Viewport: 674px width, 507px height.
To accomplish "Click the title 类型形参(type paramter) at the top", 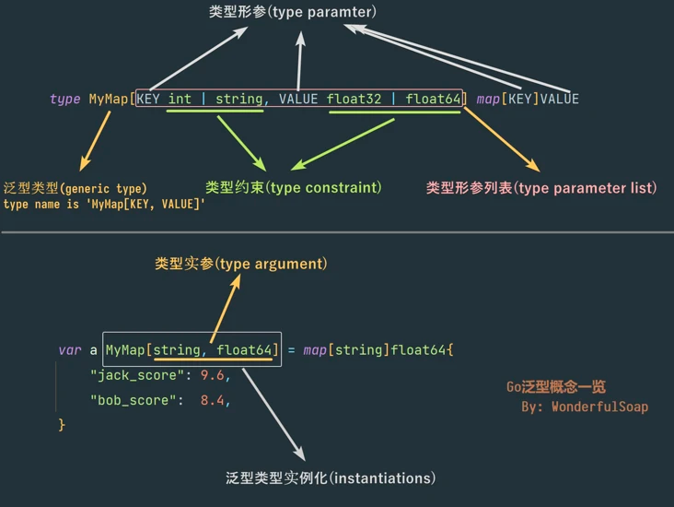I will coord(293,13).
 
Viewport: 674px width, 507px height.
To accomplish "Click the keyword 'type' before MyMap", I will coord(64,99).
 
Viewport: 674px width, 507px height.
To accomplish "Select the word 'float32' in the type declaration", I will coord(354,99).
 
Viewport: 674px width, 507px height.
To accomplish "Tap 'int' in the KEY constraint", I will coord(180,99).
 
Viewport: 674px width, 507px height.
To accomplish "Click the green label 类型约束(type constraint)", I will coord(293,188).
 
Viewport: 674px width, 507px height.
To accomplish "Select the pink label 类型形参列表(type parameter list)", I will coord(541,188).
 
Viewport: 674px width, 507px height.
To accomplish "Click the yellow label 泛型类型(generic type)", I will coord(75,188).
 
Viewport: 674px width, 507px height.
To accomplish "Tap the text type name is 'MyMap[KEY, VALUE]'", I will coord(104,204).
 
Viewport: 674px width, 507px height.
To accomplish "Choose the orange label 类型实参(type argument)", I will coord(241,265).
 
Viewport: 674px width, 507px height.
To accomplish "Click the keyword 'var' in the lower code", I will coord(69,350).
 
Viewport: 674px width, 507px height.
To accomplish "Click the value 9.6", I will coord(213,375).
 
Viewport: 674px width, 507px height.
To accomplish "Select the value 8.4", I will coord(213,400).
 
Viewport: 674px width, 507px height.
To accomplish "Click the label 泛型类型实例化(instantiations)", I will coord(331,478).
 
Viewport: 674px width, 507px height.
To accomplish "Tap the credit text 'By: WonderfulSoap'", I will coord(584,407).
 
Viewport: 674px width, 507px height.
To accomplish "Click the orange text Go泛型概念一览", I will coord(555,388).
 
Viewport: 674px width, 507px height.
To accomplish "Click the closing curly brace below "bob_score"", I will coord(62,425).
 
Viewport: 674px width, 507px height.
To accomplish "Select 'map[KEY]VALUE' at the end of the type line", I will coord(528,99).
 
